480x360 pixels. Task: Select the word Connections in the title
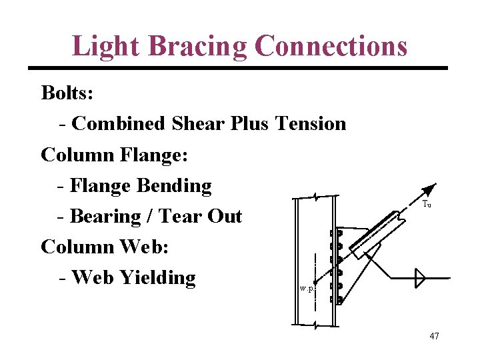tap(331, 46)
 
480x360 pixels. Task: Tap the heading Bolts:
tap(67, 93)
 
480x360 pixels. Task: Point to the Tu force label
tap(427, 205)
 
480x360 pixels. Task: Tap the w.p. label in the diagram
tap(307, 289)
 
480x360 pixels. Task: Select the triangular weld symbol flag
tap(419, 278)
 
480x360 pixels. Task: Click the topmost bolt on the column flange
tap(339, 234)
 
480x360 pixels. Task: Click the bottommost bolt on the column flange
tap(339, 300)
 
